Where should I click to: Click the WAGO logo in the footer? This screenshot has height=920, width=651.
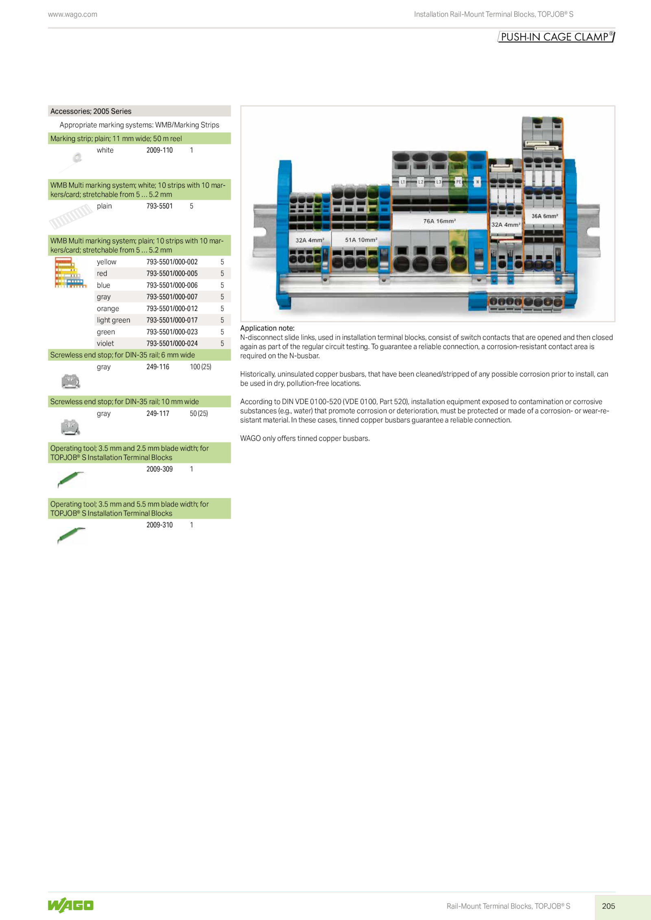pos(71,905)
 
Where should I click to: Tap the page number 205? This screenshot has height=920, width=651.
pos(608,906)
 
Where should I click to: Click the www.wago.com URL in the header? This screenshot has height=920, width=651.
pos(72,14)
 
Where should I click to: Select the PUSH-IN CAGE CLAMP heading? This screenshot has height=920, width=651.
pos(556,37)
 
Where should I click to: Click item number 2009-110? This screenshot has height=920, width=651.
pos(159,150)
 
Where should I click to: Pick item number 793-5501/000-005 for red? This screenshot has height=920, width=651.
pos(172,274)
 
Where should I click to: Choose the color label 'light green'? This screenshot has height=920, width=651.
pos(114,320)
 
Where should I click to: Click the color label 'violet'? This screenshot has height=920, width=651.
pos(105,344)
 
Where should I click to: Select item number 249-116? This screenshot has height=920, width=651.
pos(158,367)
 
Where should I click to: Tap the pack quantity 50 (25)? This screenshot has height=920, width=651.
pos(199,413)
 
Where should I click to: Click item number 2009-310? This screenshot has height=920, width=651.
pos(159,525)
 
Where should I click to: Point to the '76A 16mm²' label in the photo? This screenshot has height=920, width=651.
pos(439,221)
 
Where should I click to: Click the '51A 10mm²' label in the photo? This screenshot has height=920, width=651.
pos(361,240)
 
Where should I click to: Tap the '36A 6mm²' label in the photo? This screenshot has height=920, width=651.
pos(544,216)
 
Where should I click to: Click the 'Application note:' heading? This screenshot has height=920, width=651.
pos(267,328)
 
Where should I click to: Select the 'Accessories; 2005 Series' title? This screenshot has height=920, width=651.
pos(91,111)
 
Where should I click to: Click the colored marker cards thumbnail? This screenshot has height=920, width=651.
pos(70,273)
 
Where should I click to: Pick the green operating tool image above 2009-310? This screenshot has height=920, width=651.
pos(71,535)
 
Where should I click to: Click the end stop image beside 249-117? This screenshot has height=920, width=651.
pos(70,427)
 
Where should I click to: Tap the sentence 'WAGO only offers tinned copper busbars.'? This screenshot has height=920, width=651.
pos(305,438)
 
